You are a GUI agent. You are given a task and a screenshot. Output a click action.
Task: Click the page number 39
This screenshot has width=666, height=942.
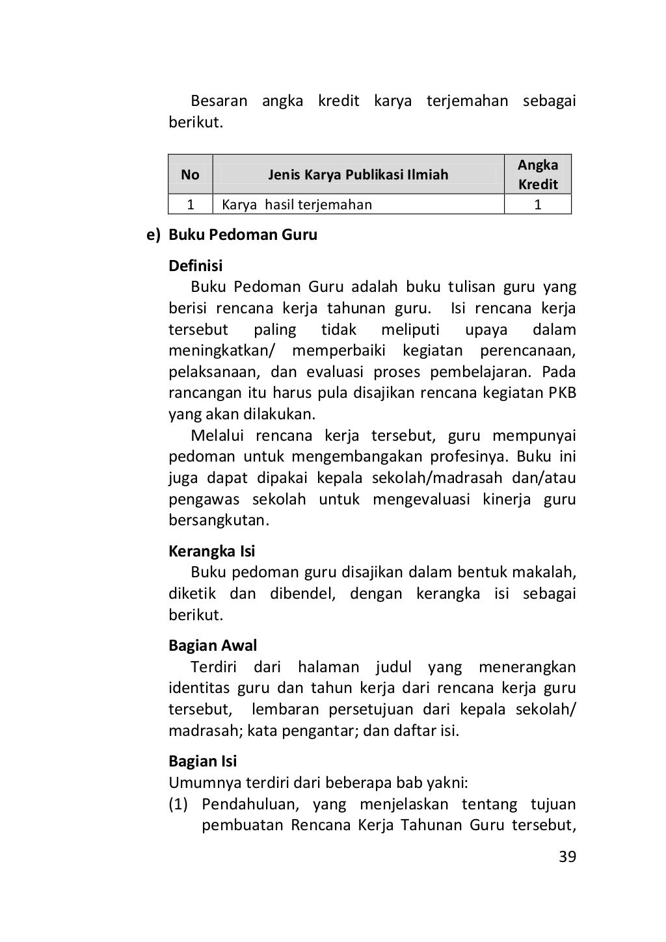coord(567,857)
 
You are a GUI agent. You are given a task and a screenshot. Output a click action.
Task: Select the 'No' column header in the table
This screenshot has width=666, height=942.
coord(190,174)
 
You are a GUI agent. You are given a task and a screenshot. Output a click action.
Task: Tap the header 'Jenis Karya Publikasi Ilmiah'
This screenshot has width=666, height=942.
coord(358,174)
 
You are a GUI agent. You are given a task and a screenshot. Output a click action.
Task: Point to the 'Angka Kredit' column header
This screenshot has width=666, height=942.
coord(538,174)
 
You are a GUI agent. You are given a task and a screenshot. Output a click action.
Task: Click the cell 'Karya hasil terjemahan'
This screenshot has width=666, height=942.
coord(297,205)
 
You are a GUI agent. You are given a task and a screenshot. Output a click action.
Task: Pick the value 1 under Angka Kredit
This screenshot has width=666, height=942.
coord(538,205)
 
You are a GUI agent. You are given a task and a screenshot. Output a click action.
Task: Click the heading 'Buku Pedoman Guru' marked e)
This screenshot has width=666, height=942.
coord(243,235)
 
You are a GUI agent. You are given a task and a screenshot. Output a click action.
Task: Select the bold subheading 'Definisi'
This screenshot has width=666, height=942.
coord(195,266)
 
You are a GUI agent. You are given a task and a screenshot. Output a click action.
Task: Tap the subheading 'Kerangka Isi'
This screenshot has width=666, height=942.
coord(211,551)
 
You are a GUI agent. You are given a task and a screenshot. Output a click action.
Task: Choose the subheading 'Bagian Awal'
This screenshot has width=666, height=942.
coord(213,646)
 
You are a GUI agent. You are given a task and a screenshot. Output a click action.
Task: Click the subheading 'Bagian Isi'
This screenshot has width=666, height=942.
coord(202,761)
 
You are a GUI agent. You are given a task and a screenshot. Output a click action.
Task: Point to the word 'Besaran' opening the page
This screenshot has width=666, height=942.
coord(219,101)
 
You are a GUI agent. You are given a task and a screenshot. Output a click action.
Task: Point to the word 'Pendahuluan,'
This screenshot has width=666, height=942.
coord(250,805)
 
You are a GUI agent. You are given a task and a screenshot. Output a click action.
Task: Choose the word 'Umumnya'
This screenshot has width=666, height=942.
coord(198,783)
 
